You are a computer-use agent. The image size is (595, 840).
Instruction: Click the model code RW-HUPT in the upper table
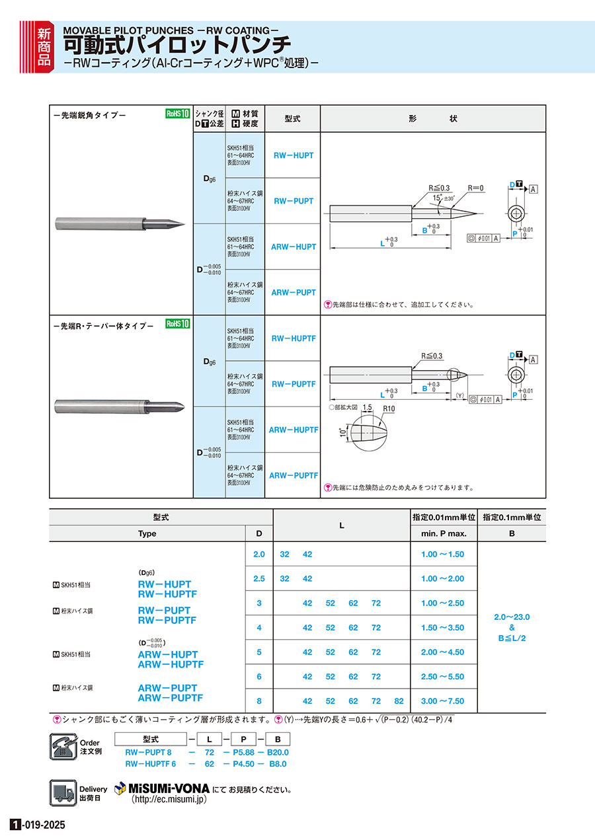(292, 155)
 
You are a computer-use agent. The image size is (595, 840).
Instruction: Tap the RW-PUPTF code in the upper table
(293, 384)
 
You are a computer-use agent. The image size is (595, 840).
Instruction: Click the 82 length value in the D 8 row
(399, 701)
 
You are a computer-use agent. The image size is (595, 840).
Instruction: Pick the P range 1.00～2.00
(442, 579)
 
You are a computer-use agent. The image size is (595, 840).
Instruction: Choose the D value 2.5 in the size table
(258, 579)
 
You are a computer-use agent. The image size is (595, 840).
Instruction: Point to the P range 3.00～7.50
(442, 701)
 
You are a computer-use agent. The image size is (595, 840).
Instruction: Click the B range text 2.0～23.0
(512, 617)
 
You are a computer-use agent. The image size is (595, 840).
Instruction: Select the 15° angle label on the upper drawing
(436, 198)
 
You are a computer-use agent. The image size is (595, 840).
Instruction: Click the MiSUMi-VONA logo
(162, 788)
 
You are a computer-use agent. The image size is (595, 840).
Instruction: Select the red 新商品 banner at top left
(42, 46)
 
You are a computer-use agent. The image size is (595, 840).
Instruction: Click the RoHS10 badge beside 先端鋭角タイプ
(177, 114)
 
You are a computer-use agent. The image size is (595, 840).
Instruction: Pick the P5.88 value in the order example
(239, 752)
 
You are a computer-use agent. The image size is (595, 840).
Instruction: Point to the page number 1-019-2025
(38, 825)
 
